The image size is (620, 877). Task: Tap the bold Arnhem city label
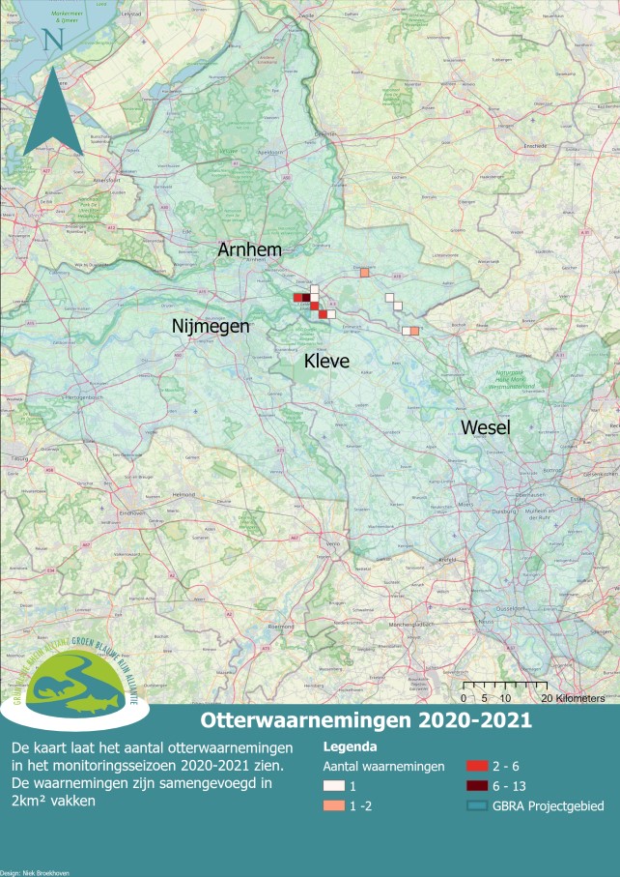pos(250,249)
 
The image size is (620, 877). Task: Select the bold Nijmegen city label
pos(211,326)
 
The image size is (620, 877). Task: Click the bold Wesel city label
pos(486,427)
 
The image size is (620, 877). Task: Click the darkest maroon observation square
pos(306,298)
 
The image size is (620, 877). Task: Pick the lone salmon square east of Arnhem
pos(364,273)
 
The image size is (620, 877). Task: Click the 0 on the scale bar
pos(464,697)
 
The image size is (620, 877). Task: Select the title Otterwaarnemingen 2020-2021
pos(365,720)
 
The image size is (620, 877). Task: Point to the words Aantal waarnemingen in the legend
pos(383,766)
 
